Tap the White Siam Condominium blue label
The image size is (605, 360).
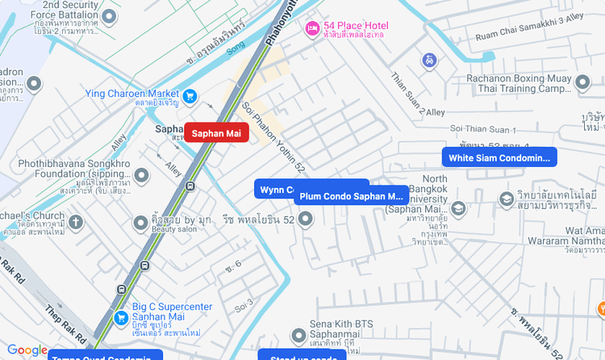coord(499,157)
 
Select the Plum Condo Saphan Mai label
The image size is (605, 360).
coord(351,196)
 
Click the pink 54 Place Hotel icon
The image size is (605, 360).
coord(312,29)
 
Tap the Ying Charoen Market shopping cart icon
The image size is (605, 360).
coord(190,97)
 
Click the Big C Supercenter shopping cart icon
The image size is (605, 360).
coord(120,316)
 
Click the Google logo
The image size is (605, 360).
coord(27,350)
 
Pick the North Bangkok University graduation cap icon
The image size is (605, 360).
coord(458,209)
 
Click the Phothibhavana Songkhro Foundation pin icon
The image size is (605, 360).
coord(142,174)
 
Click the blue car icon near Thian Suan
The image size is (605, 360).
coord(430,61)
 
